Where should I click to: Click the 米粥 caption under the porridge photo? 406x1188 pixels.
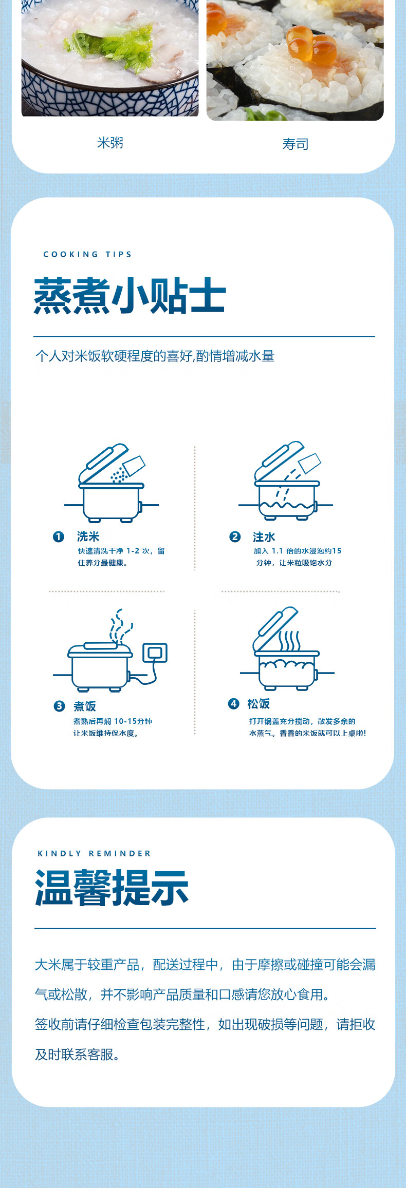tap(110, 143)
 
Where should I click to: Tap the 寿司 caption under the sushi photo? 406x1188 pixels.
tap(296, 144)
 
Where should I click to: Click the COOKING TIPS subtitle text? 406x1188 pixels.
tap(87, 254)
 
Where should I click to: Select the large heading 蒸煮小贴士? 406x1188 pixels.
tap(130, 296)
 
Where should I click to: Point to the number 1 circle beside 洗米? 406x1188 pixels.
tap(59, 536)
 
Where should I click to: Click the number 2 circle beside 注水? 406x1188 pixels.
tap(235, 536)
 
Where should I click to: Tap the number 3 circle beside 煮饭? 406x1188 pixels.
tap(60, 706)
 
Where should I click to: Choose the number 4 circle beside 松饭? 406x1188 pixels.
tap(234, 703)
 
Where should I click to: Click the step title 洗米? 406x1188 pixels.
tap(88, 536)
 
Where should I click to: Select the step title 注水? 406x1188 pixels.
tap(264, 537)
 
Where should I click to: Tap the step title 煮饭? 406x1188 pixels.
tap(85, 706)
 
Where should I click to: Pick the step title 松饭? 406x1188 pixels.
tap(259, 704)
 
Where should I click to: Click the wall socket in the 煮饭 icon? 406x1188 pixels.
tap(155, 653)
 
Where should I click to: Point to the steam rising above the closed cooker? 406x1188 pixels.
tap(121, 626)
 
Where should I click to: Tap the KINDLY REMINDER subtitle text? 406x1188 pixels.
tap(94, 853)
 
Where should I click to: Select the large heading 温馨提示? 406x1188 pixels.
tap(112, 888)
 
